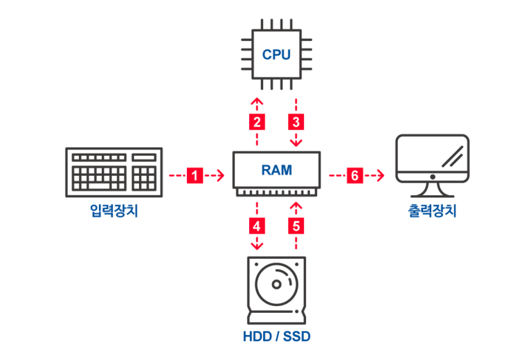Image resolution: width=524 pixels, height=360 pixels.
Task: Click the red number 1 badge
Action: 195,175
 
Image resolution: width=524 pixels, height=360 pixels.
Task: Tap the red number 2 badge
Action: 257,122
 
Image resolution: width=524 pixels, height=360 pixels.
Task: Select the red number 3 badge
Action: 296,122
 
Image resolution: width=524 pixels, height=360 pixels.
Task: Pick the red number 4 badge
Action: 257,226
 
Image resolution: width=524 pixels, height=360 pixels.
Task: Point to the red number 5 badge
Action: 296,226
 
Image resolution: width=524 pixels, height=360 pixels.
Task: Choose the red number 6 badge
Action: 355,175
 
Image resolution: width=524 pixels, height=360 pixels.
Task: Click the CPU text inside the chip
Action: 276,55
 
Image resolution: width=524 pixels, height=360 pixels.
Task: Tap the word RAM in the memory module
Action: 277,170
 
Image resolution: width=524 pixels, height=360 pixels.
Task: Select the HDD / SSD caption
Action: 277,336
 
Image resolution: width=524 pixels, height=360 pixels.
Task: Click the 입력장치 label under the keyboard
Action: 114,210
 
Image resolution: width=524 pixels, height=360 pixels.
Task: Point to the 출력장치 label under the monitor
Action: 432,210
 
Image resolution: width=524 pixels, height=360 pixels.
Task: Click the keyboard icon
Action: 114,172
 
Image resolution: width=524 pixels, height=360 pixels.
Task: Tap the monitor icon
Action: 433,165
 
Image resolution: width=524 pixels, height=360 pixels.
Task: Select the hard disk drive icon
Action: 276,290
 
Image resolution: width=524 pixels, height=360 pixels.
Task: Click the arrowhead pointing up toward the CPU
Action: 257,101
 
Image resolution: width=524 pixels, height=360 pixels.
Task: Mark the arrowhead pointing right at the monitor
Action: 381,175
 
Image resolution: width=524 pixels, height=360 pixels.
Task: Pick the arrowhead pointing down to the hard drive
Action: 257,246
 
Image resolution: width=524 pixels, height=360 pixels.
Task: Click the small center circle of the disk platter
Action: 276,285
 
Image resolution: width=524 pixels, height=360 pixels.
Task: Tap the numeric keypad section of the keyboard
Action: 144,178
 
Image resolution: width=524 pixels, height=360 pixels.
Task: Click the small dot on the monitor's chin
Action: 433,177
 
